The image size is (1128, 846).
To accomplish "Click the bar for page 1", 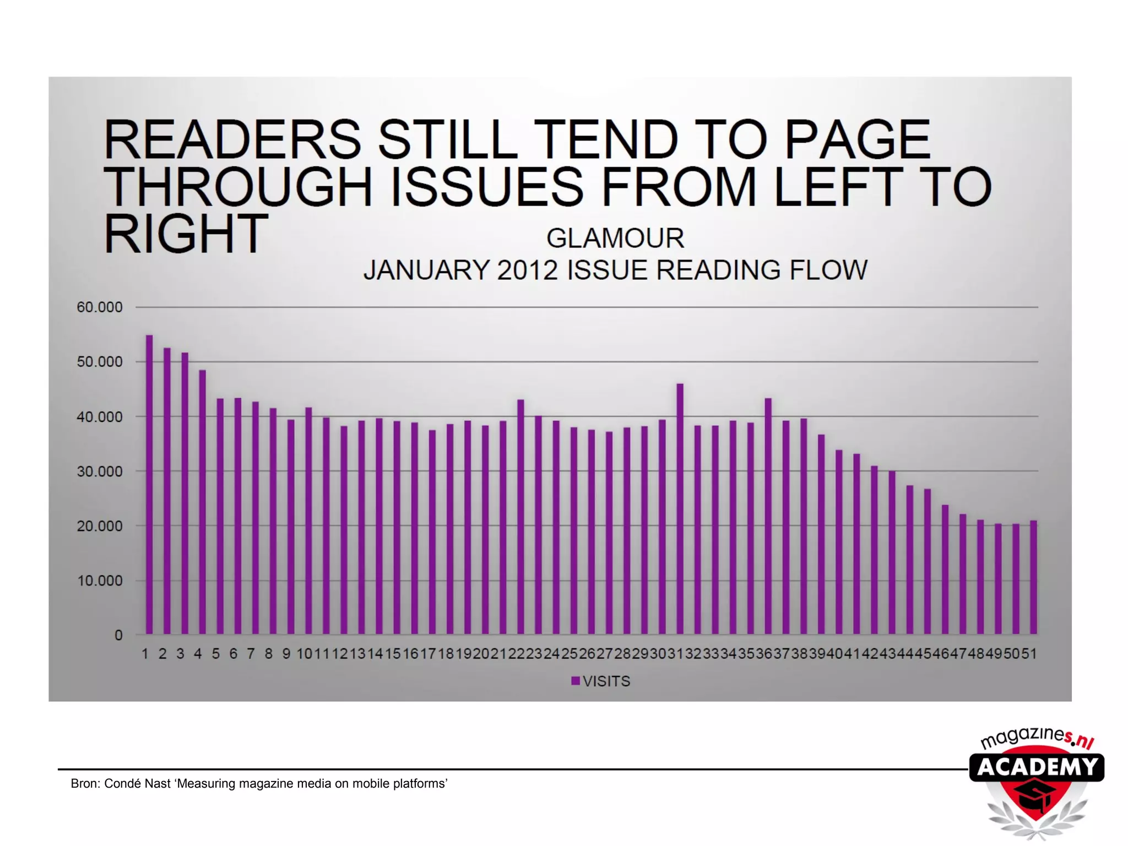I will pyautogui.click(x=149, y=485).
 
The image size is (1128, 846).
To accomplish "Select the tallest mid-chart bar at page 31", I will pyautogui.click(x=680, y=509).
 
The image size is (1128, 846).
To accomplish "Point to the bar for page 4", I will pyautogui.click(x=202, y=502).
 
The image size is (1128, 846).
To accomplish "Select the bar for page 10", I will pyautogui.click(x=308, y=520).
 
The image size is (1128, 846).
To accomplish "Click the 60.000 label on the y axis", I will pyautogui.click(x=100, y=307).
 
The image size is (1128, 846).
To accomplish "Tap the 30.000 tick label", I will pyautogui.click(x=100, y=471).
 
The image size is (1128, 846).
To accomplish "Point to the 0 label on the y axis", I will pyautogui.click(x=118, y=635).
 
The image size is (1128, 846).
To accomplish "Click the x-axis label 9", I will pyautogui.click(x=286, y=654).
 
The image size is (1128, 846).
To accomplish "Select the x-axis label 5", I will pyautogui.click(x=215, y=654).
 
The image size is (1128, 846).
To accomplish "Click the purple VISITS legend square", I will pyautogui.click(x=576, y=681).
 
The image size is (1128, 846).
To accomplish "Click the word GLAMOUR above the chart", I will pyautogui.click(x=615, y=238).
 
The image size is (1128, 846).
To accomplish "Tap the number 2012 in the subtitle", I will pyautogui.click(x=528, y=270).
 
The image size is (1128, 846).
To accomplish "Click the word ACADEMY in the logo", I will pyautogui.click(x=1037, y=767).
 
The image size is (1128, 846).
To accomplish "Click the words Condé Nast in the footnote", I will pyautogui.click(x=137, y=783).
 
